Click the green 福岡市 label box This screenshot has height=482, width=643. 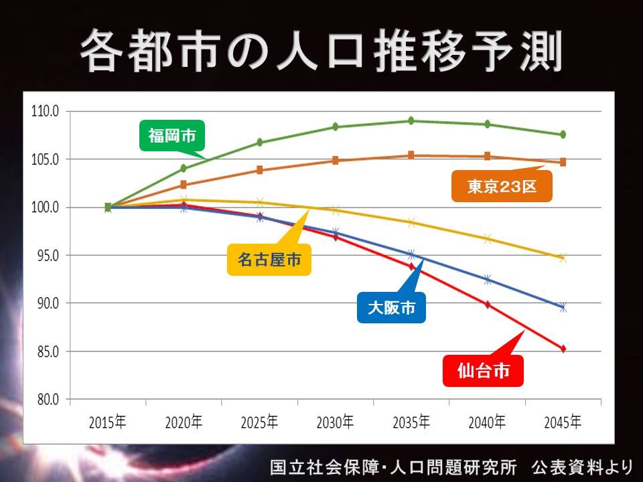pyautogui.click(x=172, y=136)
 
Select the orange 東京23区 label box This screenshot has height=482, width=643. pyautogui.click(x=502, y=187)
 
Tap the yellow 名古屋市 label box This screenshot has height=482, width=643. pyautogui.click(x=269, y=260)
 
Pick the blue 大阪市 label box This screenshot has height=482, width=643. pyautogui.click(x=391, y=307)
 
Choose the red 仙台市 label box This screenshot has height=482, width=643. pyautogui.click(x=483, y=371)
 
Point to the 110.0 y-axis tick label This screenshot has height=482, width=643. pyautogui.click(x=45, y=111)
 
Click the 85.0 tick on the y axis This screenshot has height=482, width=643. pyautogui.click(x=48, y=351)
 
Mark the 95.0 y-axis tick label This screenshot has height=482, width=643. pyautogui.click(x=48, y=255)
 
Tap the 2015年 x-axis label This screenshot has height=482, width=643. pyautogui.click(x=107, y=422)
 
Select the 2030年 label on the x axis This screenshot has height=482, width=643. pyautogui.click(x=335, y=422)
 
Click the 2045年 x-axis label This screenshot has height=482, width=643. pyautogui.click(x=563, y=422)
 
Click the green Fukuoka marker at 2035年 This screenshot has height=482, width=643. pyautogui.click(x=411, y=120)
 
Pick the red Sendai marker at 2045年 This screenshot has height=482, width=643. pyautogui.click(x=563, y=349)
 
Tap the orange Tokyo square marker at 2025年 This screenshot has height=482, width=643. pyautogui.click(x=260, y=170)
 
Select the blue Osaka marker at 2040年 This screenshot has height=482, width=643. pyautogui.click(x=487, y=280)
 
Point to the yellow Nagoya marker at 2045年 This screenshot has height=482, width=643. pyautogui.click(x=563, y=258)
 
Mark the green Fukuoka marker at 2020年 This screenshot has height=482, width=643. pyautogui.click(x=184, y=169)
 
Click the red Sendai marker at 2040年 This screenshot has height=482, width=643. pyautogui.click(x=487, y=305)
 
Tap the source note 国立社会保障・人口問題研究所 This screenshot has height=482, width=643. pyautogui.click(x=393, y=467)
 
